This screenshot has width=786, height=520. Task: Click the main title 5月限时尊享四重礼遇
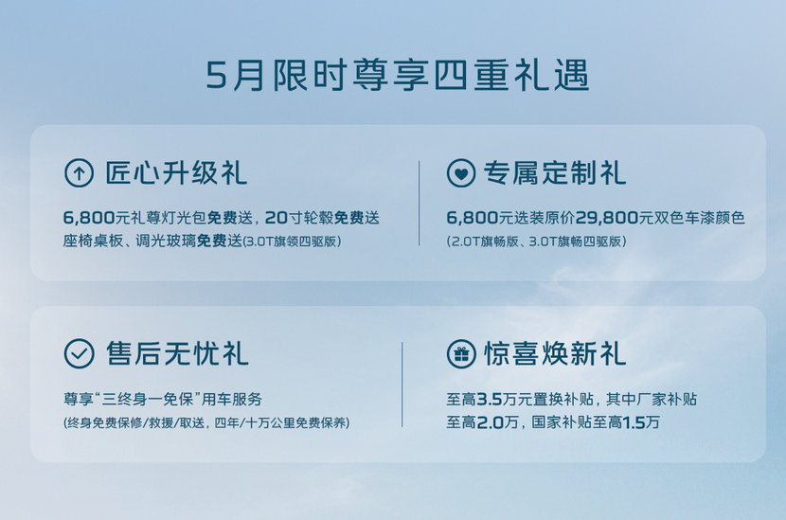click(x=398, y=75)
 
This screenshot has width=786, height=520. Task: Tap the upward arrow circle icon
click(x=79, y=173)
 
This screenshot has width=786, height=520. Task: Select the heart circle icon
click(x=460, y=173)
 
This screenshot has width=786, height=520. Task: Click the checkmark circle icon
click(x=79, y=353)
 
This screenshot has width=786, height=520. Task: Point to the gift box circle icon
click(x=460, y=353)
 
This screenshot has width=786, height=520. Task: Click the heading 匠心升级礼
click(x=176, y=173)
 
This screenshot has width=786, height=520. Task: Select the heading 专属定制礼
click(x=555, y=173)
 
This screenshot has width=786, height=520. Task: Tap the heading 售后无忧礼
click(x=177, y=353)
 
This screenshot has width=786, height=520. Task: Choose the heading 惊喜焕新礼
click(x=555, y=353)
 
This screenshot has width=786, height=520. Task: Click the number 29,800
click(x=606, y=218)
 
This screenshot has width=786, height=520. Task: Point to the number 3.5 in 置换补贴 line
click(x=489, y=399)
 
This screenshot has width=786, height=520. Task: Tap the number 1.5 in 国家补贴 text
click(x=634, y=422)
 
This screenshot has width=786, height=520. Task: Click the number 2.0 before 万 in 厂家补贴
click(x=490, y=422)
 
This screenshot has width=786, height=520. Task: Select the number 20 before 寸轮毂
click(x=277, y=218)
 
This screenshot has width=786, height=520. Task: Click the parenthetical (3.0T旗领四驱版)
click(x=292, y=242)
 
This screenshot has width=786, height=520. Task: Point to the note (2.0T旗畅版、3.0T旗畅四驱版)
click(x=536, y=242)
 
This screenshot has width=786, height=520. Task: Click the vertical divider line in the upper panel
click(x=420, y=203)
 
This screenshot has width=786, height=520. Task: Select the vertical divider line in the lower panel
click(x=402, y=385)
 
